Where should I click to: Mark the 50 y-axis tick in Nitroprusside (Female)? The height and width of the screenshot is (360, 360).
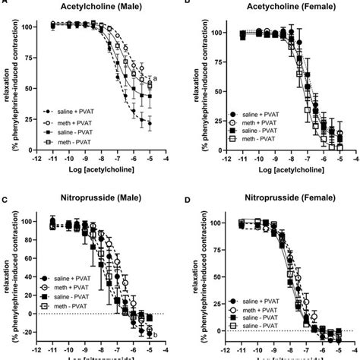(216, 278)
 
